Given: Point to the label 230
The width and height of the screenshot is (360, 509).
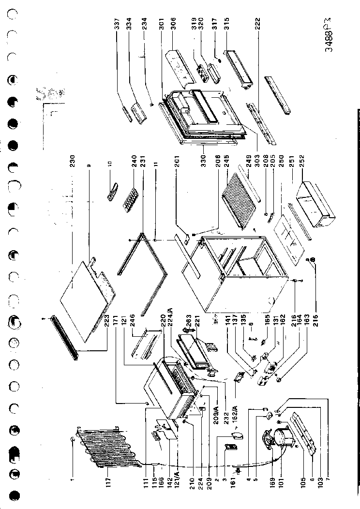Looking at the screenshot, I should [x=72, y=161].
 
